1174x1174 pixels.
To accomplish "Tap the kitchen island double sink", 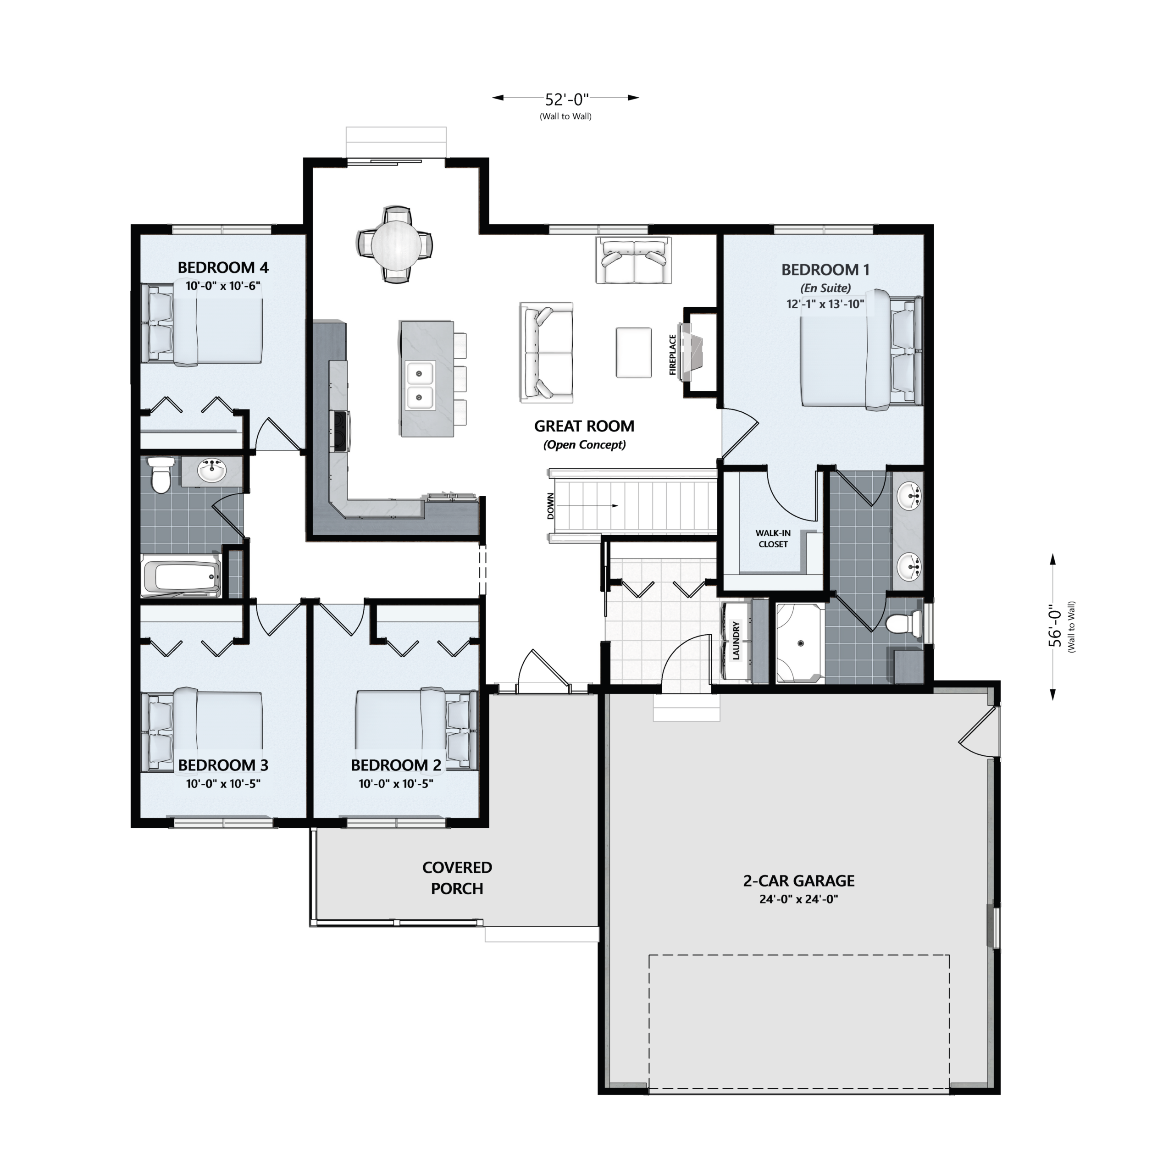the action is pos(419,385).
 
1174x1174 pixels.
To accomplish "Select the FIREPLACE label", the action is pos(673,355).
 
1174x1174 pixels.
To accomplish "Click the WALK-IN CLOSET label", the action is pos(773,538).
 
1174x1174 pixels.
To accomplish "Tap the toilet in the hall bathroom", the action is pos(161,475).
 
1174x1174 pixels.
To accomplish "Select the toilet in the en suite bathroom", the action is pos(903,624).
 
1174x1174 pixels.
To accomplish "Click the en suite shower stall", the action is pos(800,643).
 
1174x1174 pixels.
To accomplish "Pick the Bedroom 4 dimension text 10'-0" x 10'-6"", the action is pos(223,286).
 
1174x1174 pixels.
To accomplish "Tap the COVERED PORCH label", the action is pos(457,878).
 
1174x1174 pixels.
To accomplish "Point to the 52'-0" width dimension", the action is pos(566,99).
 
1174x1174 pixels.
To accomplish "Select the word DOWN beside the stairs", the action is pos(550,505).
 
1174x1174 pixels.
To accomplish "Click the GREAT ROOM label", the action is pos(584,426).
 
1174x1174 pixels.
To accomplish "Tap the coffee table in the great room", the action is pos(634,353).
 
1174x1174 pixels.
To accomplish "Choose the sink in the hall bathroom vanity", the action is pos(212,471).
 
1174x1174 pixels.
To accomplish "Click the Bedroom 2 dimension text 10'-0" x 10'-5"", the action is pos(396,784).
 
